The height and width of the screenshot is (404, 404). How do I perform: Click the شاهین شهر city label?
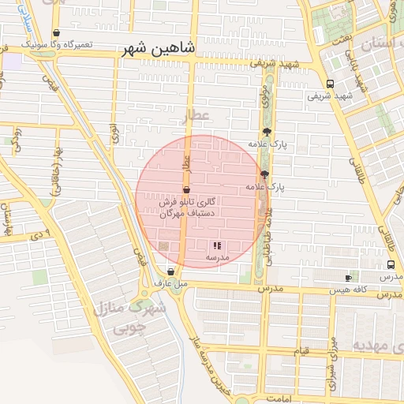[x=158, y=49]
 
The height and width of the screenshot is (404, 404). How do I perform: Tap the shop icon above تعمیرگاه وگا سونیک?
[x=56, y=34]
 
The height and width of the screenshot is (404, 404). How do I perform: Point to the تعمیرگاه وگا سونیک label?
[x=56, y=44]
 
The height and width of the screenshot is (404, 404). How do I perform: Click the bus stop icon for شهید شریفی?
[x=330, y=84]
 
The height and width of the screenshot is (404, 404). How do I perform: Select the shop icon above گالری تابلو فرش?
[x=186, y=190]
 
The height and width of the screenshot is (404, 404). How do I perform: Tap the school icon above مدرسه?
[x=217, y=246]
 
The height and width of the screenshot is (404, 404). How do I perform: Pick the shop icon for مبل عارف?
[x=170, y=272]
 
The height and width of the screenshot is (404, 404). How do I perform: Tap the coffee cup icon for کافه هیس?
[x=348, y=279]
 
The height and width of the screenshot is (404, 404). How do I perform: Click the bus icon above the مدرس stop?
[x=391, y=266]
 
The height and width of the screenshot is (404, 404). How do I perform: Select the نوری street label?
[x=114, y=133]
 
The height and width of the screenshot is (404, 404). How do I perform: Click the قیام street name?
[x=300, y=350]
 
